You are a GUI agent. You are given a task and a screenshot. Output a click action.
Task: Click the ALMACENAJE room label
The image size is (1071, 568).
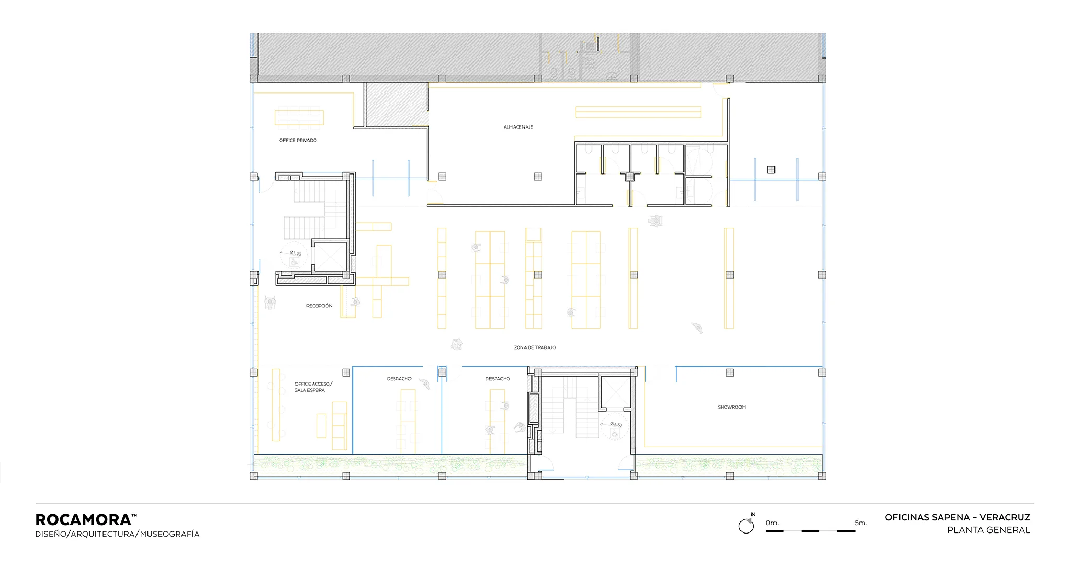[518, 127]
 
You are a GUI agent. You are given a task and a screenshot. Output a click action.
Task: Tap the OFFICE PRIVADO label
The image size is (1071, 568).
[298, 141]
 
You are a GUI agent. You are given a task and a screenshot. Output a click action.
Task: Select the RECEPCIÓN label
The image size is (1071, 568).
[319, 306]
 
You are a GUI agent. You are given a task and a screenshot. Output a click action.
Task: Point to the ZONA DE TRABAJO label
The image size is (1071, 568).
[534, 347]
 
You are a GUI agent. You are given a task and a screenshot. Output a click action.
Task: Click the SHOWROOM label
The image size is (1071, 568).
[732, 407]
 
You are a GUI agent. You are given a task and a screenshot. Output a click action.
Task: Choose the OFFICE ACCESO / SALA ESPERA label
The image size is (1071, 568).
[313, 387]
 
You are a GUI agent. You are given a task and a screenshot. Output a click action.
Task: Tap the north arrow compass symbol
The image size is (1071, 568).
[747, 525]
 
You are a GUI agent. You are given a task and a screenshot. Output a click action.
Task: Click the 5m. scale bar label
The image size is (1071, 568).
[861, 523]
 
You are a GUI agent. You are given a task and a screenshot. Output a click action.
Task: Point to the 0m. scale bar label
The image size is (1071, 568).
[772, 523]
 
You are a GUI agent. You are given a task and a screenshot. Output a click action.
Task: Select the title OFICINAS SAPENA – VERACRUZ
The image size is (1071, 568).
[958, 517]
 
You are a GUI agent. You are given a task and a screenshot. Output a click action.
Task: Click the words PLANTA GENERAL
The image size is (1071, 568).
[988, 530]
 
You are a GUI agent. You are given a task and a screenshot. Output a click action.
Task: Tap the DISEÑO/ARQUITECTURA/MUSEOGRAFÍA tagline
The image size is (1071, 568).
[117, 534]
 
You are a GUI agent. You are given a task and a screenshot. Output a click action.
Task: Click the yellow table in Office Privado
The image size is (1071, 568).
[299, 118]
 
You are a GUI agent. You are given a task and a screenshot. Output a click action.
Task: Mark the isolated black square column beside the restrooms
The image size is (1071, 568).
[771, 169]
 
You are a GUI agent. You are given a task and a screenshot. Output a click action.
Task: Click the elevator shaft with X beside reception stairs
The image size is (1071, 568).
[330, 256]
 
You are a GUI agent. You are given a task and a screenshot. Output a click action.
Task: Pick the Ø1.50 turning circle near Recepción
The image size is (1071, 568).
[294, 255]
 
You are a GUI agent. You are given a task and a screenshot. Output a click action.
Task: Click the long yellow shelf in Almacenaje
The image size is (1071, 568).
[638, 112]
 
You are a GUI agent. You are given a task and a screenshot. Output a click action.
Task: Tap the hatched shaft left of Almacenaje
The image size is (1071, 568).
[396, 104]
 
